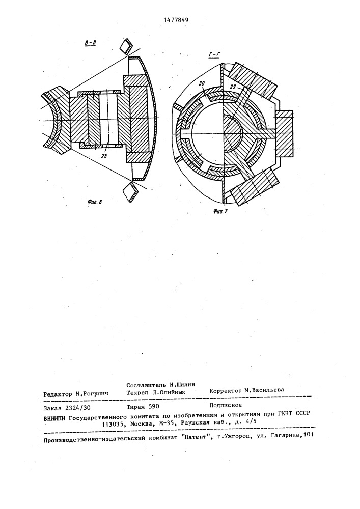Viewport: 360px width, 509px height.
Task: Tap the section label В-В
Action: tap(91, 44)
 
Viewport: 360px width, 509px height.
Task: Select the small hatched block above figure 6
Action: tap(125, 46)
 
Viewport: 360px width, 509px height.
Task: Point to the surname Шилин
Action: tap(183, 385)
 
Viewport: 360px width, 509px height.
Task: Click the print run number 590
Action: tap(153, 407)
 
